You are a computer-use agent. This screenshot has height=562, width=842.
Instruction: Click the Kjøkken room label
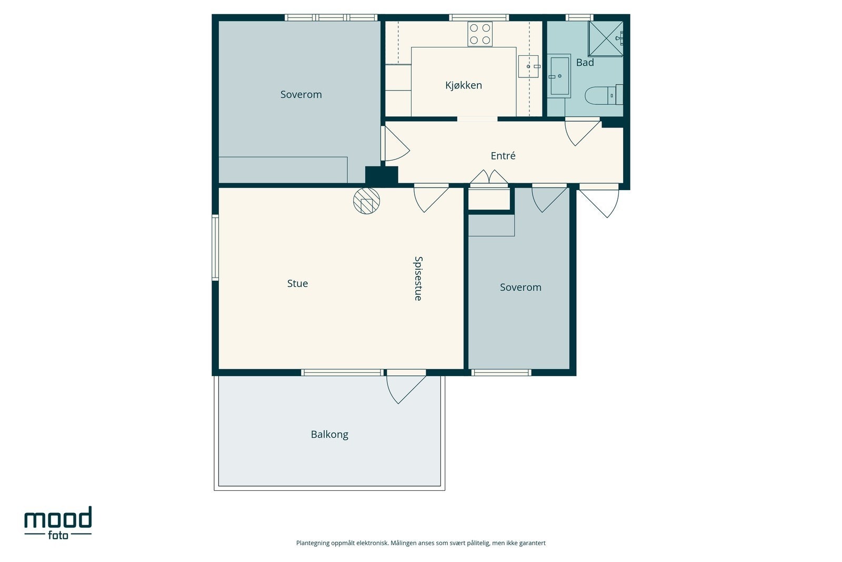(x=464, y=85)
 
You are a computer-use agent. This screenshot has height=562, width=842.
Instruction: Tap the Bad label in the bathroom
(x=585, y=63)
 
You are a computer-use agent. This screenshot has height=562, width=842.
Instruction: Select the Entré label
(x=503, y=155)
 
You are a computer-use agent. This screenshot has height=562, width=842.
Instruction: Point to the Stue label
(x=297, y=283)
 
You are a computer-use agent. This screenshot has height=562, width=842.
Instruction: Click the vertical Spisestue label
(x=418, y=279)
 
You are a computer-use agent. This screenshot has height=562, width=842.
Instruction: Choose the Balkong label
(x=329, y=435)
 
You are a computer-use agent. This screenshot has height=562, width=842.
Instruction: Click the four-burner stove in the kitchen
(x=480, y=34)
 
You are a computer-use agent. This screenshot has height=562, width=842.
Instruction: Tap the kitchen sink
(x=528, y=66)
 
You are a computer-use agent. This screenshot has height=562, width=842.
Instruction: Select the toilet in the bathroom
(x=604, y=95)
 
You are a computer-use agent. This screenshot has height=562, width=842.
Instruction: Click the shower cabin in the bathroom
(x=606, y=39)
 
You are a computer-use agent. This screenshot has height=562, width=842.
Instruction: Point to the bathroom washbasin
(x=559, y=76)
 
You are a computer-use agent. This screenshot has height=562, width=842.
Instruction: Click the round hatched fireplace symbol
(x=366, y=201)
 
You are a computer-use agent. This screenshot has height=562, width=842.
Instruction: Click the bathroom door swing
(x=582, y=132)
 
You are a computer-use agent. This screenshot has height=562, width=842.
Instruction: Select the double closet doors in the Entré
(x=489, y=178)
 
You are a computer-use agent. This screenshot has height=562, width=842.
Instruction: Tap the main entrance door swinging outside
(x=599, y=201)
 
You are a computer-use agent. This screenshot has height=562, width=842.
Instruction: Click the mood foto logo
(x=58, y=523)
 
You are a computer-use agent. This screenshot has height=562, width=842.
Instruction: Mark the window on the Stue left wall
(x=215, y=248)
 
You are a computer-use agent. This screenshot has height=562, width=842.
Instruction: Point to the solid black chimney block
(x=382, y=176)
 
